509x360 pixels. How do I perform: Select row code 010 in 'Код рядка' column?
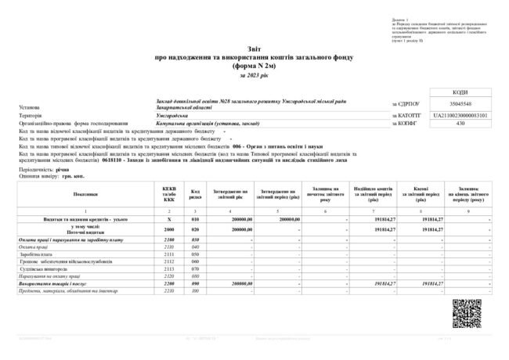pos(197,220)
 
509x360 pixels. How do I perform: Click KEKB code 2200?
pos(169,283)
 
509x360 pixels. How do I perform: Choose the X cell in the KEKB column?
pos(169,220)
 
